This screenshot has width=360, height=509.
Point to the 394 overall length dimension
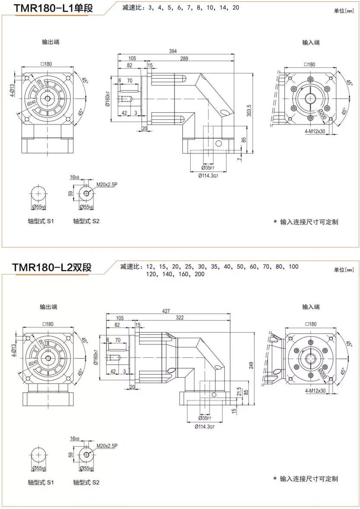173,51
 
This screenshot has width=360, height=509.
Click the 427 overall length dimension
166,311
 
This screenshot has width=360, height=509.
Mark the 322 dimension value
180,318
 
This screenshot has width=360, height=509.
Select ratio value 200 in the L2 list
200,274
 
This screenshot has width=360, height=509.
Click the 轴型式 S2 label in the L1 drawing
86,221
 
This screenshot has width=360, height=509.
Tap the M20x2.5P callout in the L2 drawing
107,445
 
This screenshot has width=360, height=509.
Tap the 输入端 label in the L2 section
311,307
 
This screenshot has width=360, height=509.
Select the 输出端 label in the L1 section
51,42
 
